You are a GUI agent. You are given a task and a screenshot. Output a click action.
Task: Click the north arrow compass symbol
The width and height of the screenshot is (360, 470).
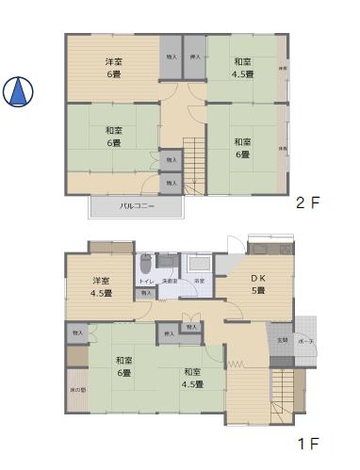click(x=18, y=90)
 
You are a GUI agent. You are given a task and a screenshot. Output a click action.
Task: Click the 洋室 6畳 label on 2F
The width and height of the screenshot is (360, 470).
click(x=112, y=69)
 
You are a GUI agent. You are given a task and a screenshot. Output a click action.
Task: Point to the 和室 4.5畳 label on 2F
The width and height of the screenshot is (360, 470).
click(x=242, y=69)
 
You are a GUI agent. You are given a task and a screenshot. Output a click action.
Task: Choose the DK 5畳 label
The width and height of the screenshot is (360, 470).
click(x=257, y=284)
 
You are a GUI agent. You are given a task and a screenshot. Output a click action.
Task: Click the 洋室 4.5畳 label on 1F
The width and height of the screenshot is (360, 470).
click(x=102, y=286)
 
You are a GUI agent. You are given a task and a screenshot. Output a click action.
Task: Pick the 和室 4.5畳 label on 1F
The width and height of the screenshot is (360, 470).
click(x=193, y=378)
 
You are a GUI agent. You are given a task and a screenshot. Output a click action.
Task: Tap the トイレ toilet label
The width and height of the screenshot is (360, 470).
click(x=146, y=282)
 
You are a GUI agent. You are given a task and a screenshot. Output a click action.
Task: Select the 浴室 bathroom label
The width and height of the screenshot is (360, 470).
click(x=200, y=282)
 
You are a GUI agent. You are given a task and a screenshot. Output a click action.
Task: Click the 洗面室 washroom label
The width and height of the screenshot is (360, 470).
click(x=170, y=282)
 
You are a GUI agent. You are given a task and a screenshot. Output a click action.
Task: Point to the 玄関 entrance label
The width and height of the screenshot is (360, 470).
click(x=282, y=339)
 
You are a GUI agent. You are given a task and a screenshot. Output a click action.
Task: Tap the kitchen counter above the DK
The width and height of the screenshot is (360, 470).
click(x=270, y=250)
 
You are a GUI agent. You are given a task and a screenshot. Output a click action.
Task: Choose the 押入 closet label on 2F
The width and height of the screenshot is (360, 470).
click(x=195, y=57)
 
